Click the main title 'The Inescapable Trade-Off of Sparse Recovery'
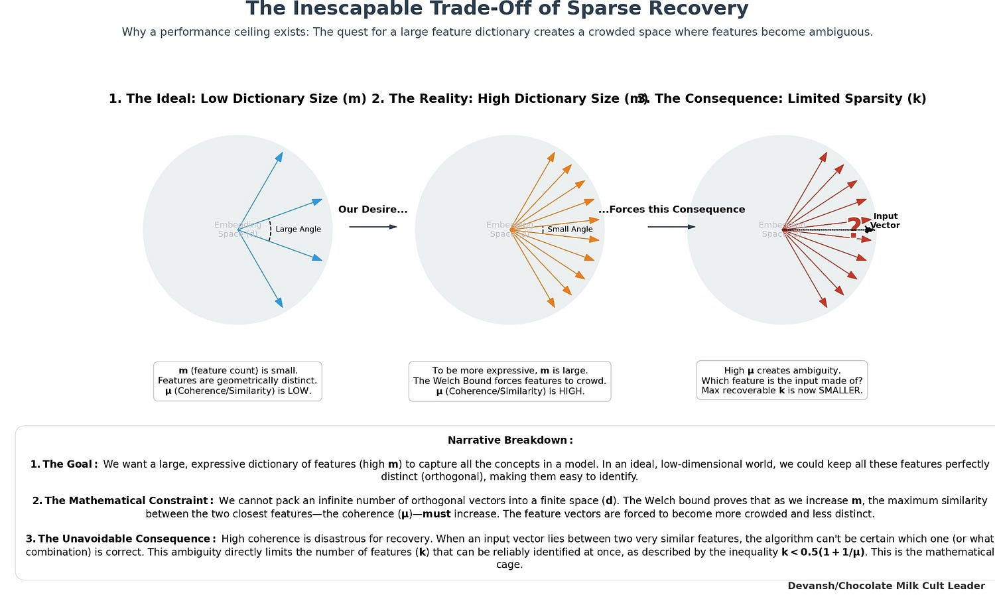[x=497, y=9]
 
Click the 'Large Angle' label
[x=298, y=230]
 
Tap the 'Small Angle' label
[x=570, y=230]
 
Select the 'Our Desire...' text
[x=373, y=210]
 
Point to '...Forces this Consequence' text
[x=671, y=210]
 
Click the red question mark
[x=854, y=228]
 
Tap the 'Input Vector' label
[x=886, y=221]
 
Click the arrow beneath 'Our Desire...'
[x=373, y=227]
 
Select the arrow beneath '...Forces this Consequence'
[x=671, y=227]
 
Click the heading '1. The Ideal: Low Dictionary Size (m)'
[x=237, y=99]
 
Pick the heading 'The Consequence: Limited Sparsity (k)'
[x=789, y=99]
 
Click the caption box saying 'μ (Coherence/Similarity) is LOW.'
[x=237, y=381]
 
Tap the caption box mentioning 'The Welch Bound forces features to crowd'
[x=509, y=381]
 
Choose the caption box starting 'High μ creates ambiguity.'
[x=781, y=381]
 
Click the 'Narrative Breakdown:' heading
[x=509, y=440]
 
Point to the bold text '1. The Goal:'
[x=64, y=464]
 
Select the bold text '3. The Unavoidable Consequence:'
[x=120, y=539]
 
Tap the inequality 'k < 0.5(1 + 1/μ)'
[x=823, y=552]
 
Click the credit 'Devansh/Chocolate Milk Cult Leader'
[x=886, y=586]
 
